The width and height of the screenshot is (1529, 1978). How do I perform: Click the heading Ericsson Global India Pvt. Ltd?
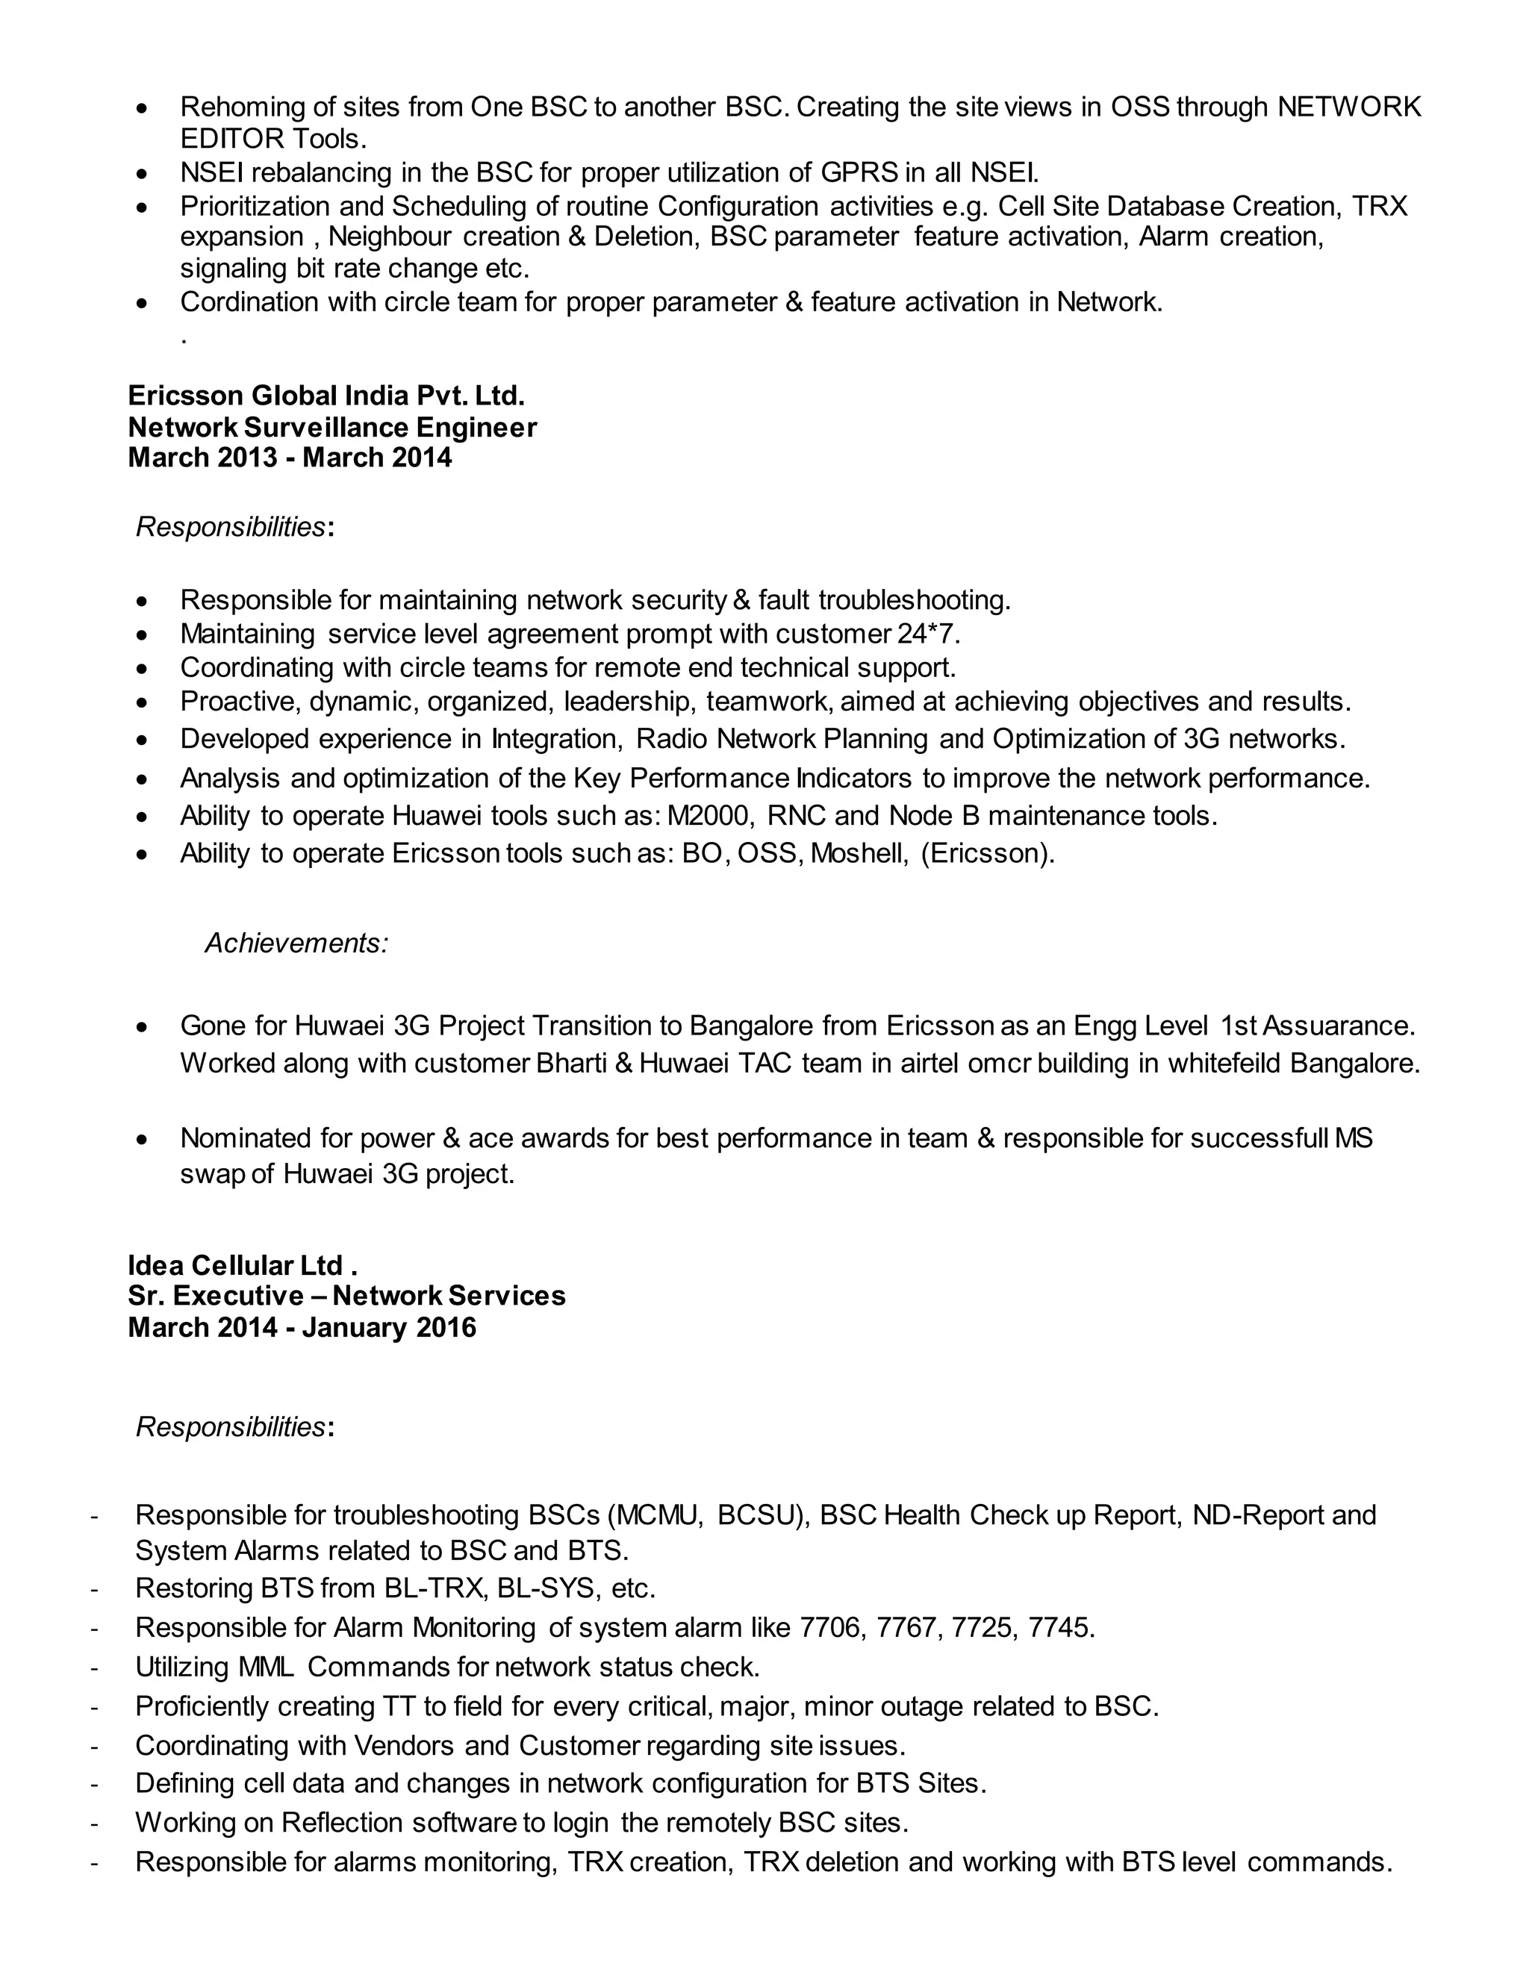pyautogui.click(x=326, y=396)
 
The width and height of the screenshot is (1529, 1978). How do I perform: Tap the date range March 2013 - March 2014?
pyautogui.click(x=290, y=458)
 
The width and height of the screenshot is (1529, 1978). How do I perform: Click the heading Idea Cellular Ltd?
pyautogui.click(x=242, y=1265)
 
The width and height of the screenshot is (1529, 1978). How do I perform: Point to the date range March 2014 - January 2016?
pyautogui.click(x=302, y=1327)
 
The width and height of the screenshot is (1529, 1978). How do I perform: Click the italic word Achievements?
pyautogui.click(x=296, y=943)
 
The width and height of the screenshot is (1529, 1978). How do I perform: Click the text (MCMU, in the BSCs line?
pyautogui.click(x=655, y=1514)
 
